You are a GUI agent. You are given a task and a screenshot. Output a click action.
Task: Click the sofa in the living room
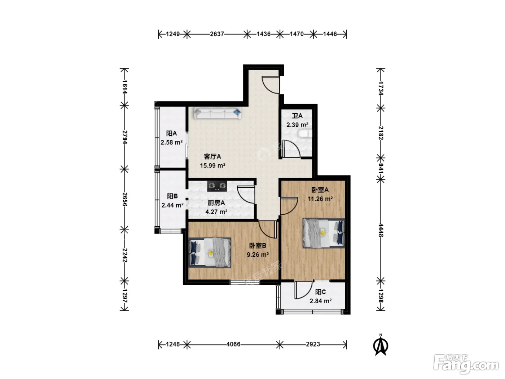point(218,113)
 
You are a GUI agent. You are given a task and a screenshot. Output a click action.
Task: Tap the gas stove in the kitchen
point(217,186)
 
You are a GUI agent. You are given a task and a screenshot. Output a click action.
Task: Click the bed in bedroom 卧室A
point(324,233)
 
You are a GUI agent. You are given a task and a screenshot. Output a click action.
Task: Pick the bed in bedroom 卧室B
point(210,253)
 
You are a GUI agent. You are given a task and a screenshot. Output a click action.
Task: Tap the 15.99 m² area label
point(212,165)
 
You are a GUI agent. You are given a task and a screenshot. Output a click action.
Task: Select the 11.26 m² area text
point(320,199)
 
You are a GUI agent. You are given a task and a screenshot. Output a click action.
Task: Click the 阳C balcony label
point(320,292)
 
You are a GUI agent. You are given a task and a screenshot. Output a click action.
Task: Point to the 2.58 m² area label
point(172,143)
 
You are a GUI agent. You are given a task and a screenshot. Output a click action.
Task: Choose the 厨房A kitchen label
point(216,203)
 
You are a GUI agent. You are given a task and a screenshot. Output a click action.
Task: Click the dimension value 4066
point(233,344)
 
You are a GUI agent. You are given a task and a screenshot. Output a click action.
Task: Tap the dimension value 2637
point(217,34)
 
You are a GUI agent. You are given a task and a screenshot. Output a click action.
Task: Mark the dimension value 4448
point(381,230)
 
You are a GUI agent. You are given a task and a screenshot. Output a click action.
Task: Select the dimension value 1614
point(124,87)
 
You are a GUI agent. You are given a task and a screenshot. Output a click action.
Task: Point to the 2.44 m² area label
point(172,205)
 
